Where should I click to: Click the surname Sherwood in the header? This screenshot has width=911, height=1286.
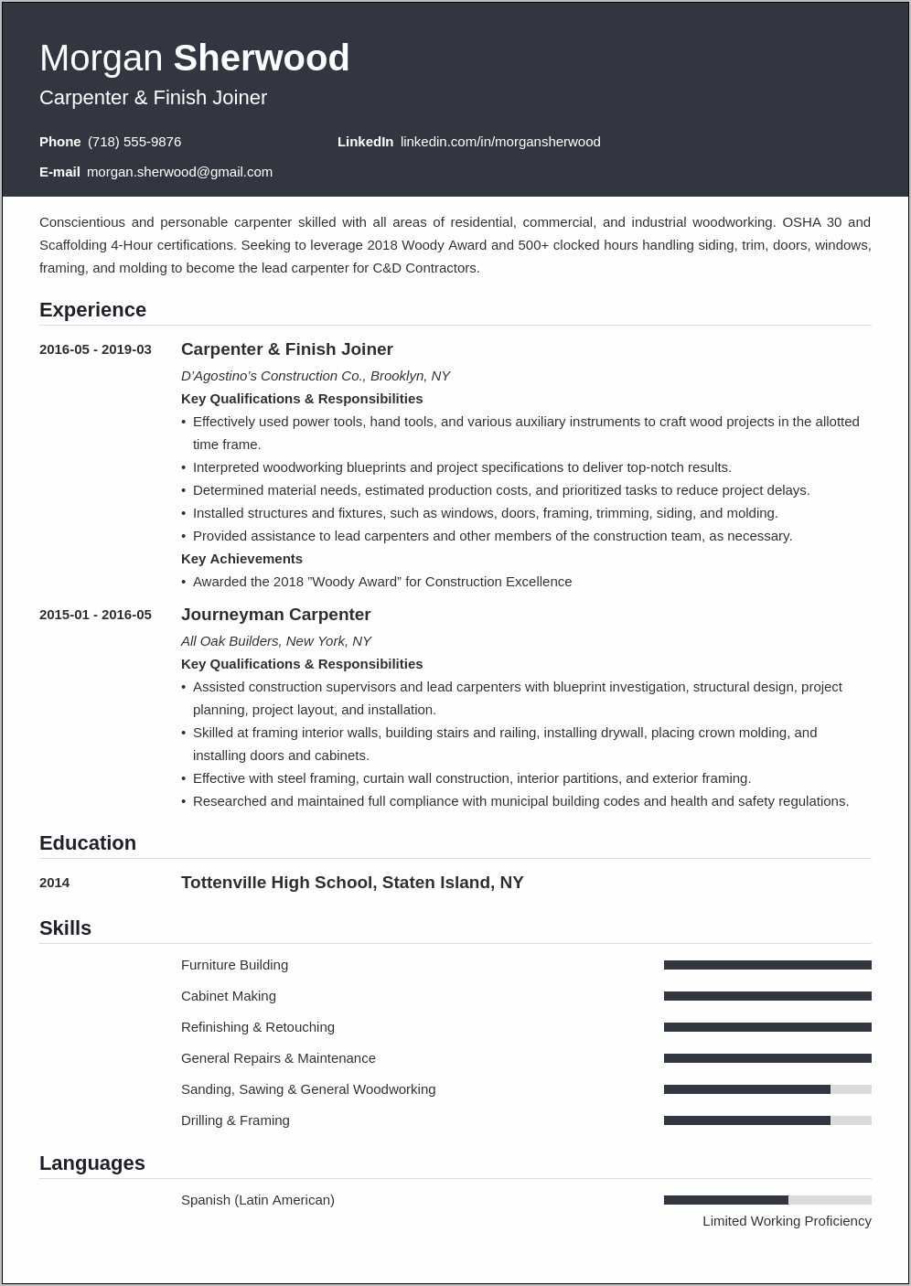[262, 59]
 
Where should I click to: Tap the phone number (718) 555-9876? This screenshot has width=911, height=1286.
[134, 142]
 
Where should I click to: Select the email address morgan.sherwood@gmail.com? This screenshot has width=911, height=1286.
[179, 172]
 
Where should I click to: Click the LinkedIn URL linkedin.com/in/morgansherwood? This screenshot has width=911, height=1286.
[500, 142]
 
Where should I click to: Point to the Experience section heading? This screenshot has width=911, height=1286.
[92, 310]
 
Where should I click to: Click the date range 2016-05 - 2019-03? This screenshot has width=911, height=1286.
[95, 349]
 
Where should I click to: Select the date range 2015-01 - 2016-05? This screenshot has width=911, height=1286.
[95, 615]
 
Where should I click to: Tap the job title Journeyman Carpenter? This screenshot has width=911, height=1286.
[275, 615]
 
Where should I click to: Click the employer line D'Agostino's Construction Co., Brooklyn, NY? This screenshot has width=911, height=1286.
[316, 376]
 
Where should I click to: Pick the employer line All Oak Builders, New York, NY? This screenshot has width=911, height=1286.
[276, 641]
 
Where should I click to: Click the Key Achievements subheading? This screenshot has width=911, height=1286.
[241, 559]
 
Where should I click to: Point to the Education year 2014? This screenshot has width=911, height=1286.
[55, 883]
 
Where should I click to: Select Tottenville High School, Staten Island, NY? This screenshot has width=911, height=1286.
[352, 883]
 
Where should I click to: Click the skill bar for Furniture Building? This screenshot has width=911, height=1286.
[767, 965]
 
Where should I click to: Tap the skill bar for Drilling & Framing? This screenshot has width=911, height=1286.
[767, 1120]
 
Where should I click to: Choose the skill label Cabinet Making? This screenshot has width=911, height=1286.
[229, 996]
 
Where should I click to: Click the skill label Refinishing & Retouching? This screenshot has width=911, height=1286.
[258, 1027]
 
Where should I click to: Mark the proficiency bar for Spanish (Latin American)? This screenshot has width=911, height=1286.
[767, 1200]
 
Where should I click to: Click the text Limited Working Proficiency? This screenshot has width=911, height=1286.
[787, 1221]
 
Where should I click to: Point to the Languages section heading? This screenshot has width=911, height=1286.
[92, 1163]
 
